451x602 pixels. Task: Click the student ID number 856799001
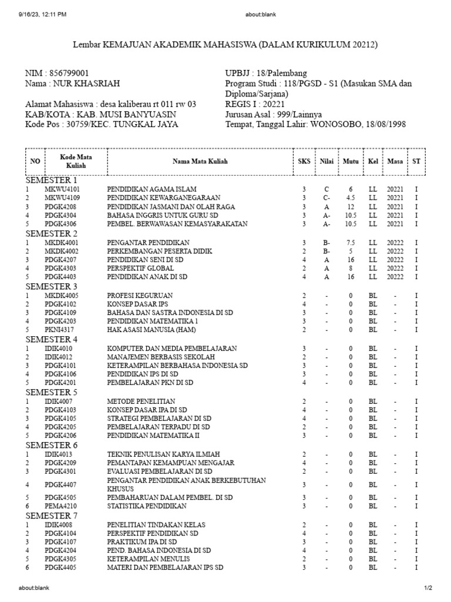point(69,73)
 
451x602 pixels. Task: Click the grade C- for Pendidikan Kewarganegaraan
point(327,198)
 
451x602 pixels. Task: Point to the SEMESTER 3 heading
point(51,286)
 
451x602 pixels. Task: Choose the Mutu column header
point(351,161)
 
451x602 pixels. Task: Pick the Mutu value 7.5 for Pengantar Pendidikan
point(351,242)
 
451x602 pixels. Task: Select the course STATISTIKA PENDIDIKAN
point(147,506)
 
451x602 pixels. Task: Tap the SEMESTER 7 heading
point(51,516)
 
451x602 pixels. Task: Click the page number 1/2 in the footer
point(428,587)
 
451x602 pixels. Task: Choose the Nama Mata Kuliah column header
point(200,161)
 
